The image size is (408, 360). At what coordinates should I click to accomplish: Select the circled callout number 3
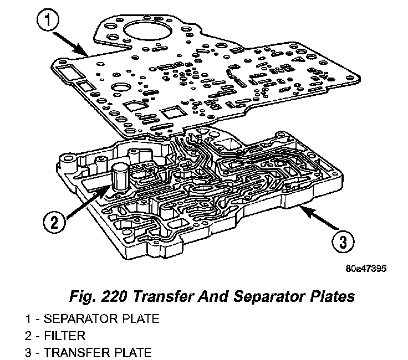click(344, 241)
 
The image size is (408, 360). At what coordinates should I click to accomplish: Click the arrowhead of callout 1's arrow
click(88, 54)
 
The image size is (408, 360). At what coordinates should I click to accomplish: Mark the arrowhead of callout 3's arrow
click(301, 206)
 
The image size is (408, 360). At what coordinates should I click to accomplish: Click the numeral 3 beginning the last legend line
click(28, 352)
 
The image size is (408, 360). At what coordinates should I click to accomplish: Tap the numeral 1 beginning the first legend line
click(28, 320)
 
